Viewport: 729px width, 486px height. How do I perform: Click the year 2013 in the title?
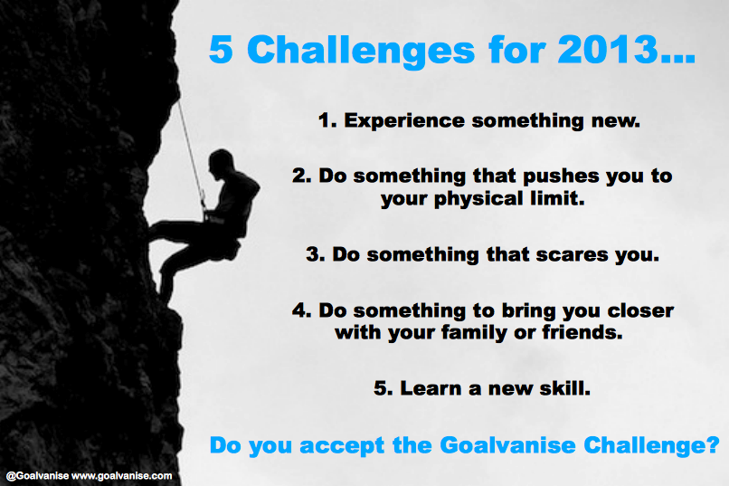609,49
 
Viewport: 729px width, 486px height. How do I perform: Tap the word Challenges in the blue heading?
361,49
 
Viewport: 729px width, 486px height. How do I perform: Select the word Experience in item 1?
404,121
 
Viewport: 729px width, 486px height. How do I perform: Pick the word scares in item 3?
572,255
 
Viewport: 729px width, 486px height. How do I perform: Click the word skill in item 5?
564,388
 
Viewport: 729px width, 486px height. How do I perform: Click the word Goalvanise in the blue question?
507,445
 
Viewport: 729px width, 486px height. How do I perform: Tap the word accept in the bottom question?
342,446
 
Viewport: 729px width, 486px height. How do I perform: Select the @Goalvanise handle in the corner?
37,476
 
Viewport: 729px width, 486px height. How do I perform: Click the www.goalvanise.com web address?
122,476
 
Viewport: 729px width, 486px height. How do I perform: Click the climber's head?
221,162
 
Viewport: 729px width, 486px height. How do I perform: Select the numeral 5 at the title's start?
221,49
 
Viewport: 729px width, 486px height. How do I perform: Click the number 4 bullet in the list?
302,310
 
